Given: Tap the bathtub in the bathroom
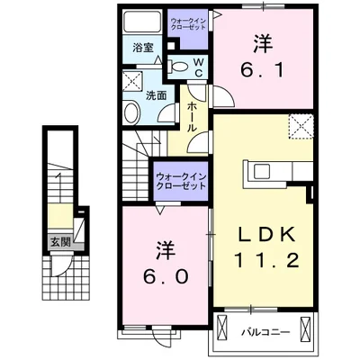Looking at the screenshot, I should [x=142, y=24].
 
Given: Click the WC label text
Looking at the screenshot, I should [x=198, y=66].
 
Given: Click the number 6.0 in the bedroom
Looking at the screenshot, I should [x=164, y=275].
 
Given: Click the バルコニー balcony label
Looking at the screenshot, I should [x=265, y=331].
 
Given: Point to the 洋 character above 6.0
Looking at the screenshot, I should [x=164, y=248].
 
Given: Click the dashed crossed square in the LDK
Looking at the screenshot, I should [x=300, y=127].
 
